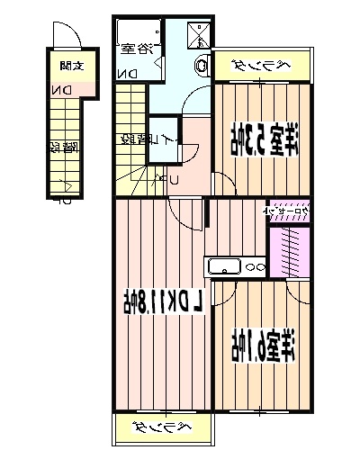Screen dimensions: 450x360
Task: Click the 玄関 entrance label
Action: (68, 65)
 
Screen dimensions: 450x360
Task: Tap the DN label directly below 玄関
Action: (61, 91)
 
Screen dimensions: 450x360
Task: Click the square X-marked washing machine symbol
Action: (197, 35)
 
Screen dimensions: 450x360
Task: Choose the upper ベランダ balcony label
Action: (258, 65)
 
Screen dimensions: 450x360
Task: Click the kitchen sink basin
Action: (222, 266)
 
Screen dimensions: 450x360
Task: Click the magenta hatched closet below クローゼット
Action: (290, 249)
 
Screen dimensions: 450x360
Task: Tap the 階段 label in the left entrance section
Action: (61, 146)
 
